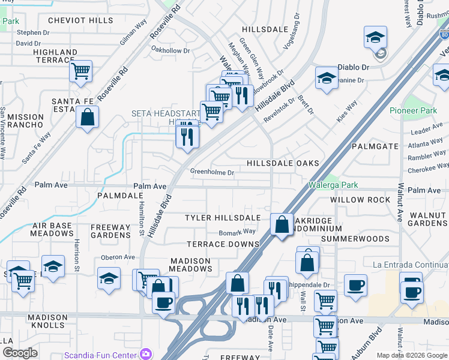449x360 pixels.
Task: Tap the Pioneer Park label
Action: coord(414,110)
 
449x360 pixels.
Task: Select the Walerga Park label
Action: coord(332,185)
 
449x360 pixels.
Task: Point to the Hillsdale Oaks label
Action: coord(283,163)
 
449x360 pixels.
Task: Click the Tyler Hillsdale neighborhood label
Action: coord(223,217)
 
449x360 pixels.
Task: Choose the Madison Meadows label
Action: coord(191,265)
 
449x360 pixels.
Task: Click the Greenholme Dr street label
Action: coord(212,172)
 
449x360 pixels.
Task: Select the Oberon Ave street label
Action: coord(117,257)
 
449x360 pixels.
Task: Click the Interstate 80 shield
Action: coord(444,35)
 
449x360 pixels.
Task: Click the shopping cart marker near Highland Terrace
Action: coord(80,71)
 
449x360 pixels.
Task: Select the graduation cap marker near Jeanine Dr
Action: coord(327,79)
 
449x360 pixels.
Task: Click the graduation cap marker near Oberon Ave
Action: coord(109,278)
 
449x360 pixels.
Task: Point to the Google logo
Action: coord(20,353)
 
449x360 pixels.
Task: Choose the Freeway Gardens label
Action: coord(110,231)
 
